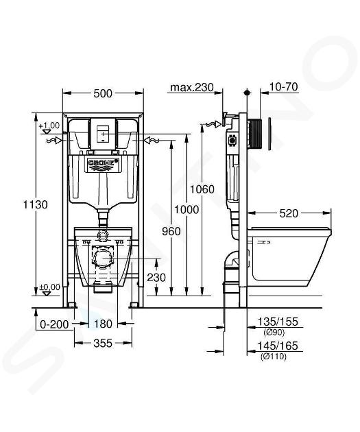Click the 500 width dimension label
pos(103,94)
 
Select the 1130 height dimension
pos(35,205)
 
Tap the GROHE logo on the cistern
pos(103,163)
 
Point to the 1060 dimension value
pos(202,189)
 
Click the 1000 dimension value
pos(187,210)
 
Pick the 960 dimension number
pos(171,232)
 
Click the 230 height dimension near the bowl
pos(156,278)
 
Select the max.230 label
pos(192,88)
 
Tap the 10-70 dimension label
pos(283,87)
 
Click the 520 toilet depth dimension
pos(289,213)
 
